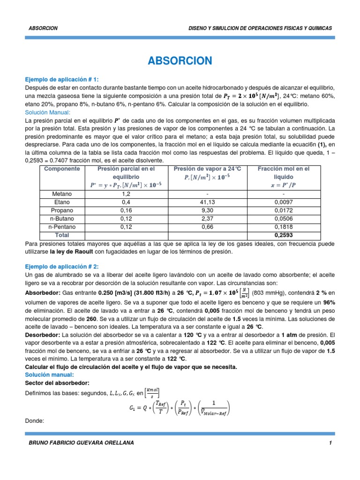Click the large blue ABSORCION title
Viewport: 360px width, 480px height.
[x=180, y=60]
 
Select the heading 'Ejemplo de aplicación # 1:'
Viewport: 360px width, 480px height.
[x=62, y=80]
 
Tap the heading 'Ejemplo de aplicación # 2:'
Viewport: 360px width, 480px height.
[x=62, y=266]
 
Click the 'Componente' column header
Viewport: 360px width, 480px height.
[x=62, y=169]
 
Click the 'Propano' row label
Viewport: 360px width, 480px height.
[x=62, y=210]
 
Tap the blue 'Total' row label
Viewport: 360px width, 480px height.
[x=62, y=235]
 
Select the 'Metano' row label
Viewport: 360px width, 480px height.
[x=62, y=193]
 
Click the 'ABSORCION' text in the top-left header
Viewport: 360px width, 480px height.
[x=43, y=28]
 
